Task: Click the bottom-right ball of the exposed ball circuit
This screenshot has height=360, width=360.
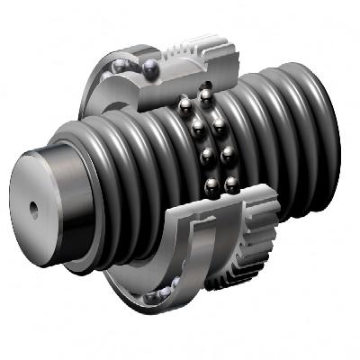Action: (231, 185)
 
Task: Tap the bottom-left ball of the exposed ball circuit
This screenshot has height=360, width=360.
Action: (210, 186)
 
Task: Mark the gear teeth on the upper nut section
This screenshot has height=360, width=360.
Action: (211, 45)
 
